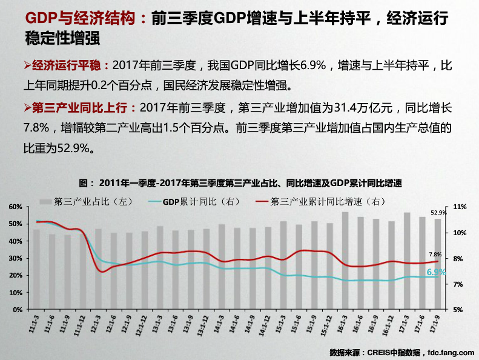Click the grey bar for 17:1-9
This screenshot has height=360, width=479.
438,264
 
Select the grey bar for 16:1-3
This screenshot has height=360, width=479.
345,261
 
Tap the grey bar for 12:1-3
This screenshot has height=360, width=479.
98,268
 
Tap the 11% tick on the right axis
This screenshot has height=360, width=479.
459,207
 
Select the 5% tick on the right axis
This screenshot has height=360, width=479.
458,310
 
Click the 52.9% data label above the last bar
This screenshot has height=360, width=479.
438,213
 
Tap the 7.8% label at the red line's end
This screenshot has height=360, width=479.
435,255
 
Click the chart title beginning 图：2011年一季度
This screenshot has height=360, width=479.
240,182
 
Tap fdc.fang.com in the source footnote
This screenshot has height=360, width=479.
451,352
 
